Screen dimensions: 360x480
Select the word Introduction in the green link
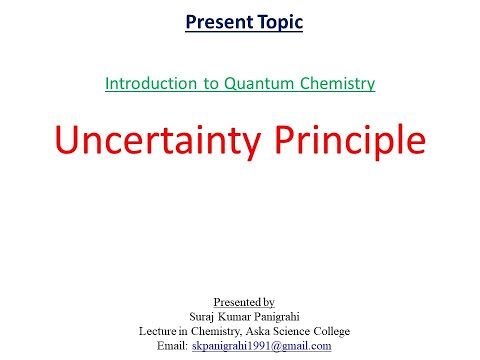tap(148, 83)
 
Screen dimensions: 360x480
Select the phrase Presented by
tap(242, 301)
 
